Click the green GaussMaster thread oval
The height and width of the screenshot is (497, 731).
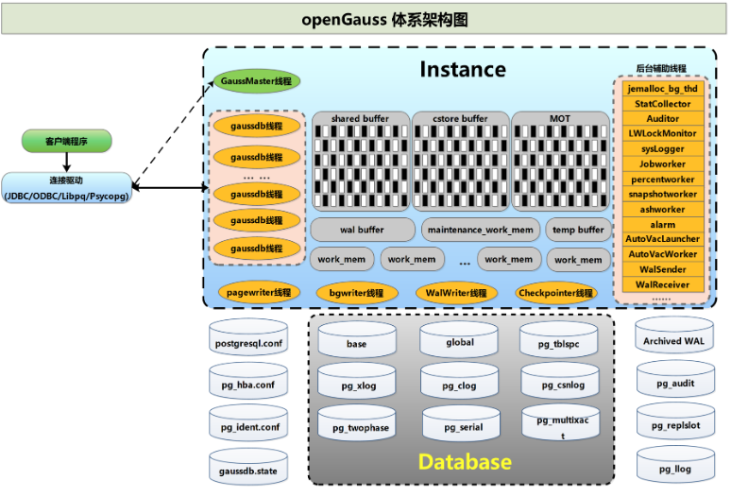click(x=256, y=81)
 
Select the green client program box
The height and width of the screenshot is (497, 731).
click(x=67, y=141)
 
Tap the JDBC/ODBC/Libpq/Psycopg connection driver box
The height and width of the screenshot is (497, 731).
click(x=67, y=188)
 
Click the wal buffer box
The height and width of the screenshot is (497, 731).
click(x=363, y=230)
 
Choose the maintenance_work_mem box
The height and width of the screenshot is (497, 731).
click(x=480, y=230)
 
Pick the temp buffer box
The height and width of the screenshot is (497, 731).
click(x=578, y=230)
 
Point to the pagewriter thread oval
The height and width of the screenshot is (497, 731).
click(x=259, y=293)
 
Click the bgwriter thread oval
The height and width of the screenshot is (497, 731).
click(x=357, y=293)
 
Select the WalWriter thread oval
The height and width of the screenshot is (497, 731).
click(x=456, y=293)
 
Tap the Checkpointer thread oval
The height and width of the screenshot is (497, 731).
click(x=555, y=293)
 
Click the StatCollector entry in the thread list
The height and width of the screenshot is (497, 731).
click(x=662, y=104)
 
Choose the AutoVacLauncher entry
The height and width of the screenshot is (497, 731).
click(x=662, y=239)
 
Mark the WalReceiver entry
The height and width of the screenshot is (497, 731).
click(x=662, y=284)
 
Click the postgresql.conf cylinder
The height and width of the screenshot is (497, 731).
click(x=248, y=338)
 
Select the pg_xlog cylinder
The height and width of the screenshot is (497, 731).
click(x=357, y=381)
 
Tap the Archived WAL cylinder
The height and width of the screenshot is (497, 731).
click(x=674, y=335)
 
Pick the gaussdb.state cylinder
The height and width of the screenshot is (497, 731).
click(x=248, y=467)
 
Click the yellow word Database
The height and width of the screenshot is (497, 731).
click(x=465, y=461)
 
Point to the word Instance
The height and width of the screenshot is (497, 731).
click(x=463, y=70)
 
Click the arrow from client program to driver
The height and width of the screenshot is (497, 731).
click(x=67, y=163)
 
